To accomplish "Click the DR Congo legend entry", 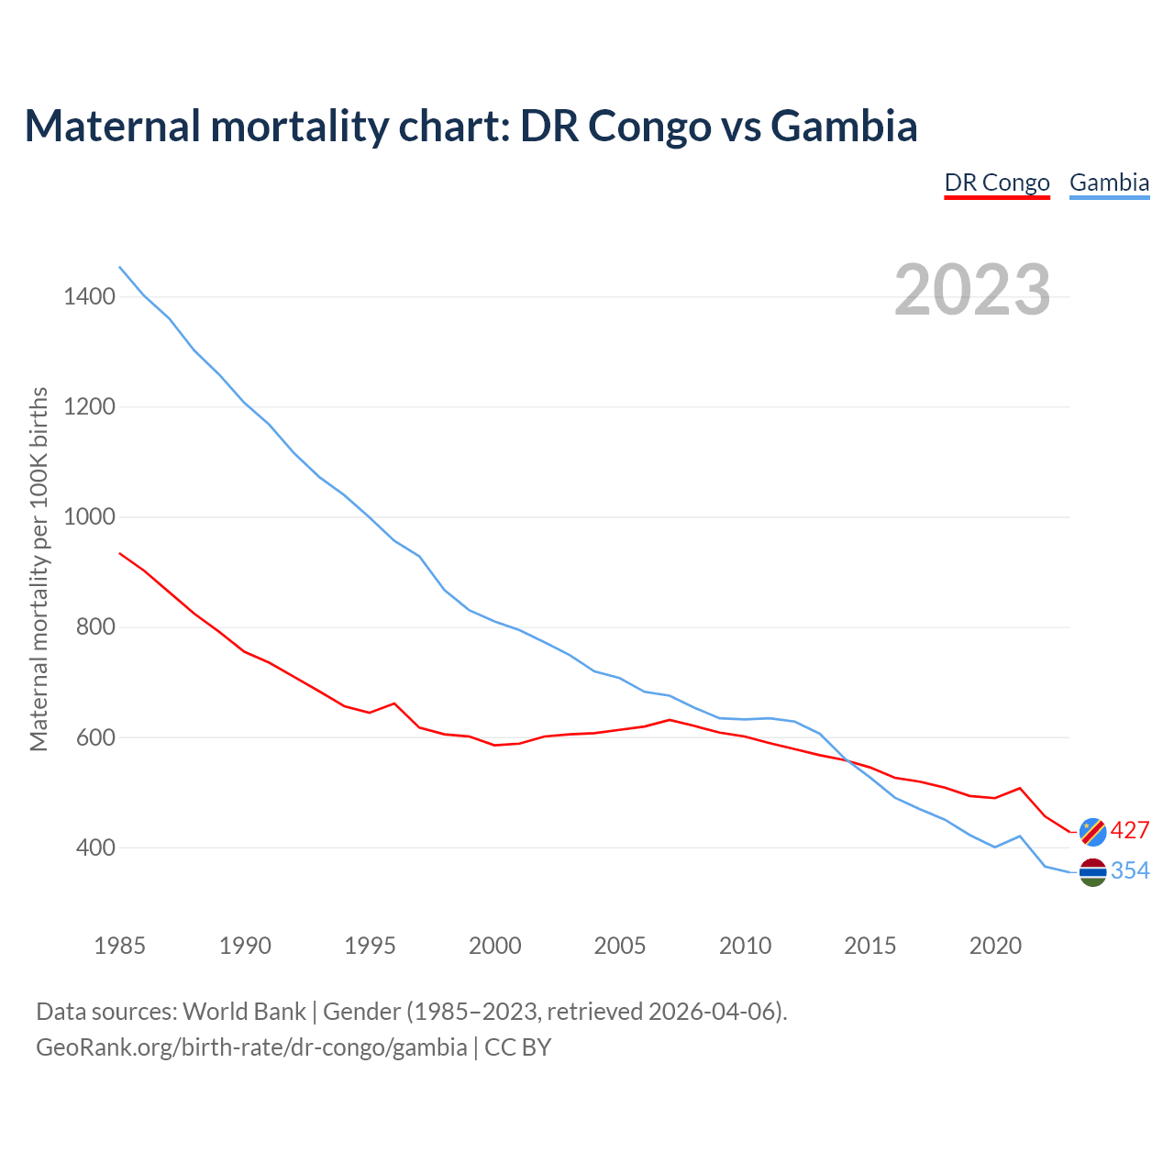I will tap(997, 183).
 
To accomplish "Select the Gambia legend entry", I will tap(1109, 183).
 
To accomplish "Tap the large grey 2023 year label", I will tap(972, 290).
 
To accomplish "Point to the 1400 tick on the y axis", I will tap(89, 296).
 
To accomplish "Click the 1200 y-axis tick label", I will tap(89, 406).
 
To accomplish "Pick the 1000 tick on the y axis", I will tap(89, 516).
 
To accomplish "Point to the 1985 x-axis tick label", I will tap(120, 946).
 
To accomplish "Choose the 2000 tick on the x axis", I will tap(495, 946).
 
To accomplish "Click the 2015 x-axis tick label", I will tap(870, 946).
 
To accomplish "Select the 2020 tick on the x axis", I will tap(995, 946).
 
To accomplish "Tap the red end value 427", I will tap(1130, 831).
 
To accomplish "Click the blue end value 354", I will tap(1130, 871).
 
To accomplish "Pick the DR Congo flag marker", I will tap(1092, 831).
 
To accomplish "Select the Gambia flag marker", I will tap(1092, 872).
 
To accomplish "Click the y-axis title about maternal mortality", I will tap(39, 569).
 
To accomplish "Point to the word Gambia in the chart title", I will tap(844, 126).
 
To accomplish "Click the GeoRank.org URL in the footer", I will tap(251, 1047).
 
